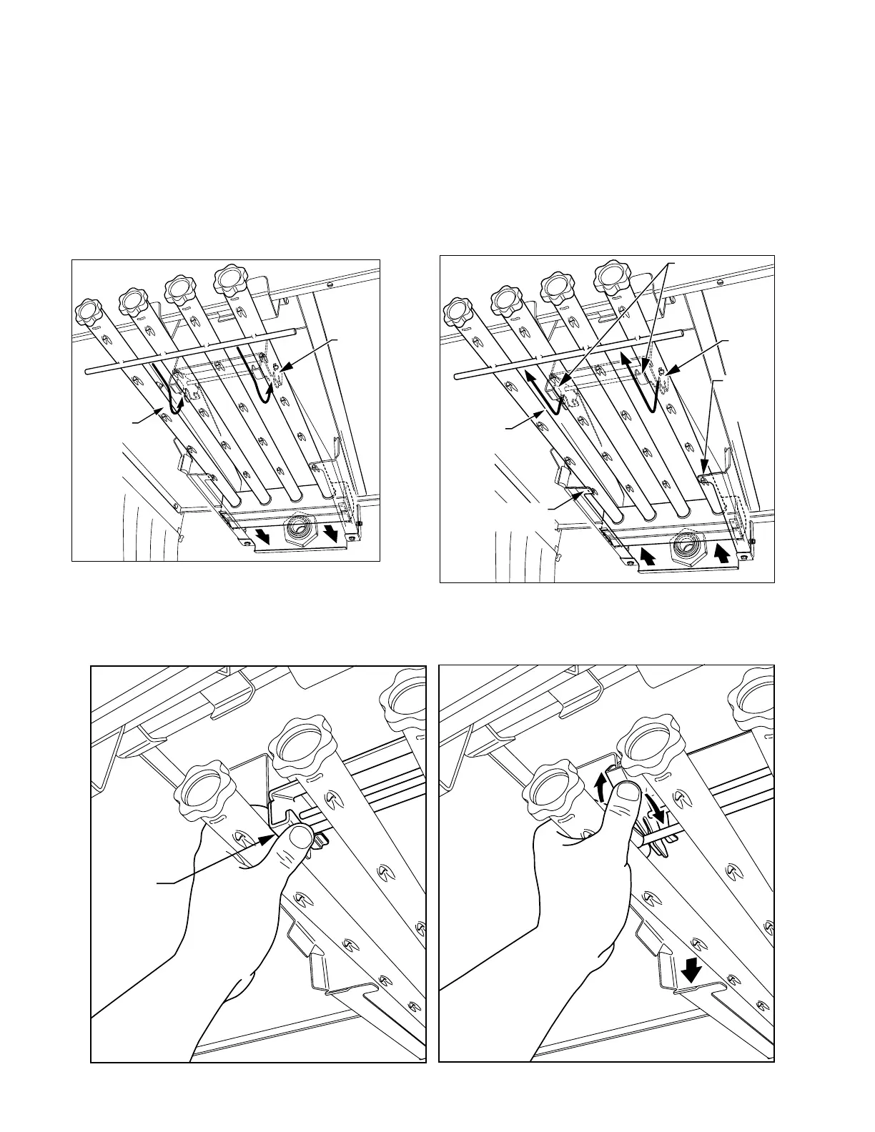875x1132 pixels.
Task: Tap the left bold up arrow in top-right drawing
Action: pos(649,555)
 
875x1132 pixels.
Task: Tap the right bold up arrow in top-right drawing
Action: pos(721,552)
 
